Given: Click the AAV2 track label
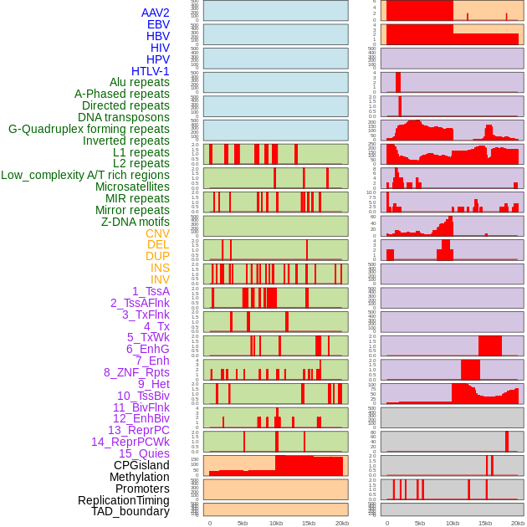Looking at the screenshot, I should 155,13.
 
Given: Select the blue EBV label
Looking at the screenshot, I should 158,24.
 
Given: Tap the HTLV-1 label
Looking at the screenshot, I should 150,71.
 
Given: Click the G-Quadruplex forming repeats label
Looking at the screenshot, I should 89,129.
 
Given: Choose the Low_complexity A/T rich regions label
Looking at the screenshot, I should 85,175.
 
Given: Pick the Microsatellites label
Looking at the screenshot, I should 132,187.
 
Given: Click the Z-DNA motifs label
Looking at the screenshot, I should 136,222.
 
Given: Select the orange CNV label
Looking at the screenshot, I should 157,233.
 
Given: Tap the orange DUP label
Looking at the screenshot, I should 157,256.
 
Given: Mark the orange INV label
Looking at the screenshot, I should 160,279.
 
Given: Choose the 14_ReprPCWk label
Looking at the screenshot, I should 130,442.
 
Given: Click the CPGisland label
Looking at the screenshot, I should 141,465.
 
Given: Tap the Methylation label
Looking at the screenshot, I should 139,477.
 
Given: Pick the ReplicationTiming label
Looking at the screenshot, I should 123,500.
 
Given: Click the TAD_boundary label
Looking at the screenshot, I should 130,511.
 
